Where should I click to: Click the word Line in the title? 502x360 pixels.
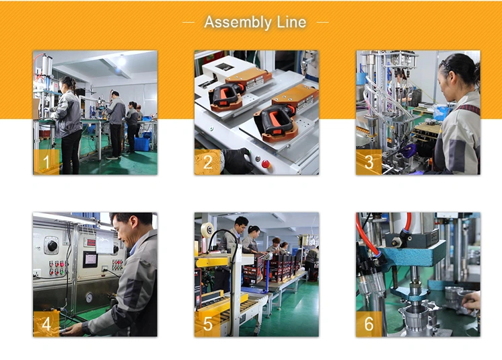pos(291,22)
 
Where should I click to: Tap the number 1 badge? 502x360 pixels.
pos(46,162)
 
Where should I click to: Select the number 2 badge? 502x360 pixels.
pos(208,162)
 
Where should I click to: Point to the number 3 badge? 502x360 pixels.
pos(369,162)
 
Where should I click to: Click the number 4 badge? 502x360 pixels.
pos(46,324)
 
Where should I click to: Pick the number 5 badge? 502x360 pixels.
pos(208,324)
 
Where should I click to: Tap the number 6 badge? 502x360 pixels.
pos(369,324)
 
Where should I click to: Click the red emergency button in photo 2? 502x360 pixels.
pos(265,164)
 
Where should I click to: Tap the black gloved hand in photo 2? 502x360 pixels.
pos(237,161)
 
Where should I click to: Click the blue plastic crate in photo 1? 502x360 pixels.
pos(142,144)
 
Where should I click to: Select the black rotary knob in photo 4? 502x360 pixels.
pos(52,246)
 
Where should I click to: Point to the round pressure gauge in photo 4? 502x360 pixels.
pos(89,297)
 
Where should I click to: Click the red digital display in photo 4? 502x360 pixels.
pos(92,242)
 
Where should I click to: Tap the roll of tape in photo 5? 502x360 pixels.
pos(207,229)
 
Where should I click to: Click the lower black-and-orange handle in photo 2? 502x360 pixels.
pos(276,122)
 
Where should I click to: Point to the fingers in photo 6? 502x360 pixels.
pos(471,302)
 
